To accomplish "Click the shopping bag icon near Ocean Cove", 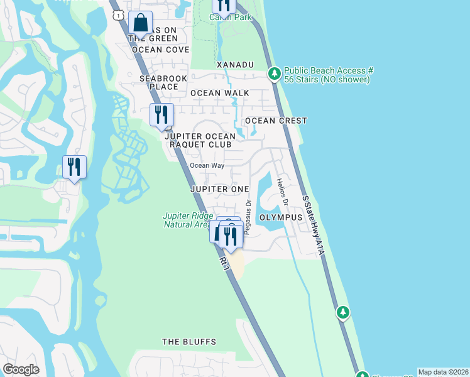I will (141, 23).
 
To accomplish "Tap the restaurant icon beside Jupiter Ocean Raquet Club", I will (161, 114).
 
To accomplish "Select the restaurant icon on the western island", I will (75, 167).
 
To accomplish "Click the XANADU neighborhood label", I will (235, 65).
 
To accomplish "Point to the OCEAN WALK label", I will (220, 93).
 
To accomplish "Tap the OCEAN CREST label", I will (276, 121).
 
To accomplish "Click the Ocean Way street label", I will (207, 166).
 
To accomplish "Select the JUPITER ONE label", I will (220, 189).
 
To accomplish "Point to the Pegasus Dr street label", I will (248, 216).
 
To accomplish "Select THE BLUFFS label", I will (189, 342).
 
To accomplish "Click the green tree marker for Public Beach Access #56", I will (275, 74).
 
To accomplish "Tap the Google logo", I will (21, 369).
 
